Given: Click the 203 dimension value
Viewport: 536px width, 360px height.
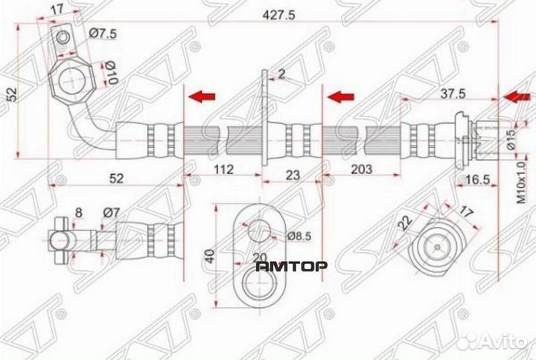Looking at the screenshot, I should [x=360, y=170].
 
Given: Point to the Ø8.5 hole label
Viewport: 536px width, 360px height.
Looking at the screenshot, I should [x=299, y=237].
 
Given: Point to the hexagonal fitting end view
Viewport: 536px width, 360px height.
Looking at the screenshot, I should [x=439, y=246].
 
